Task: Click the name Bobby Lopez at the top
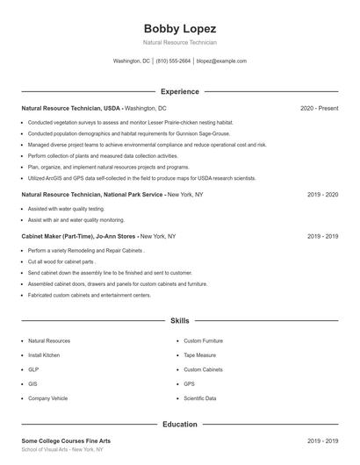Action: [179, 28]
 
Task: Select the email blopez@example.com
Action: [221, 61]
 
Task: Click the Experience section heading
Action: [179, 91]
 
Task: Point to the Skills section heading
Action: [179, 321]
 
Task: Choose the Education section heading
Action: [179, 425]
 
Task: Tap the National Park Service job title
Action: [92, 194]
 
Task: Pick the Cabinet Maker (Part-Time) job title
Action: [79, 236]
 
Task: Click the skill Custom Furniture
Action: [203, 340]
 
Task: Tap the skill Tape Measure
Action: [201, 354]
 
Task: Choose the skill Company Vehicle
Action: [47, 398]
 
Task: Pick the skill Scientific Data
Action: [200, 398]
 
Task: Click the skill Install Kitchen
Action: [44, 354]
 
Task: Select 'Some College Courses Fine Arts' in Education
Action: [66, 440]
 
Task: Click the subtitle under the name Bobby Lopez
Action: [179, 42]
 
